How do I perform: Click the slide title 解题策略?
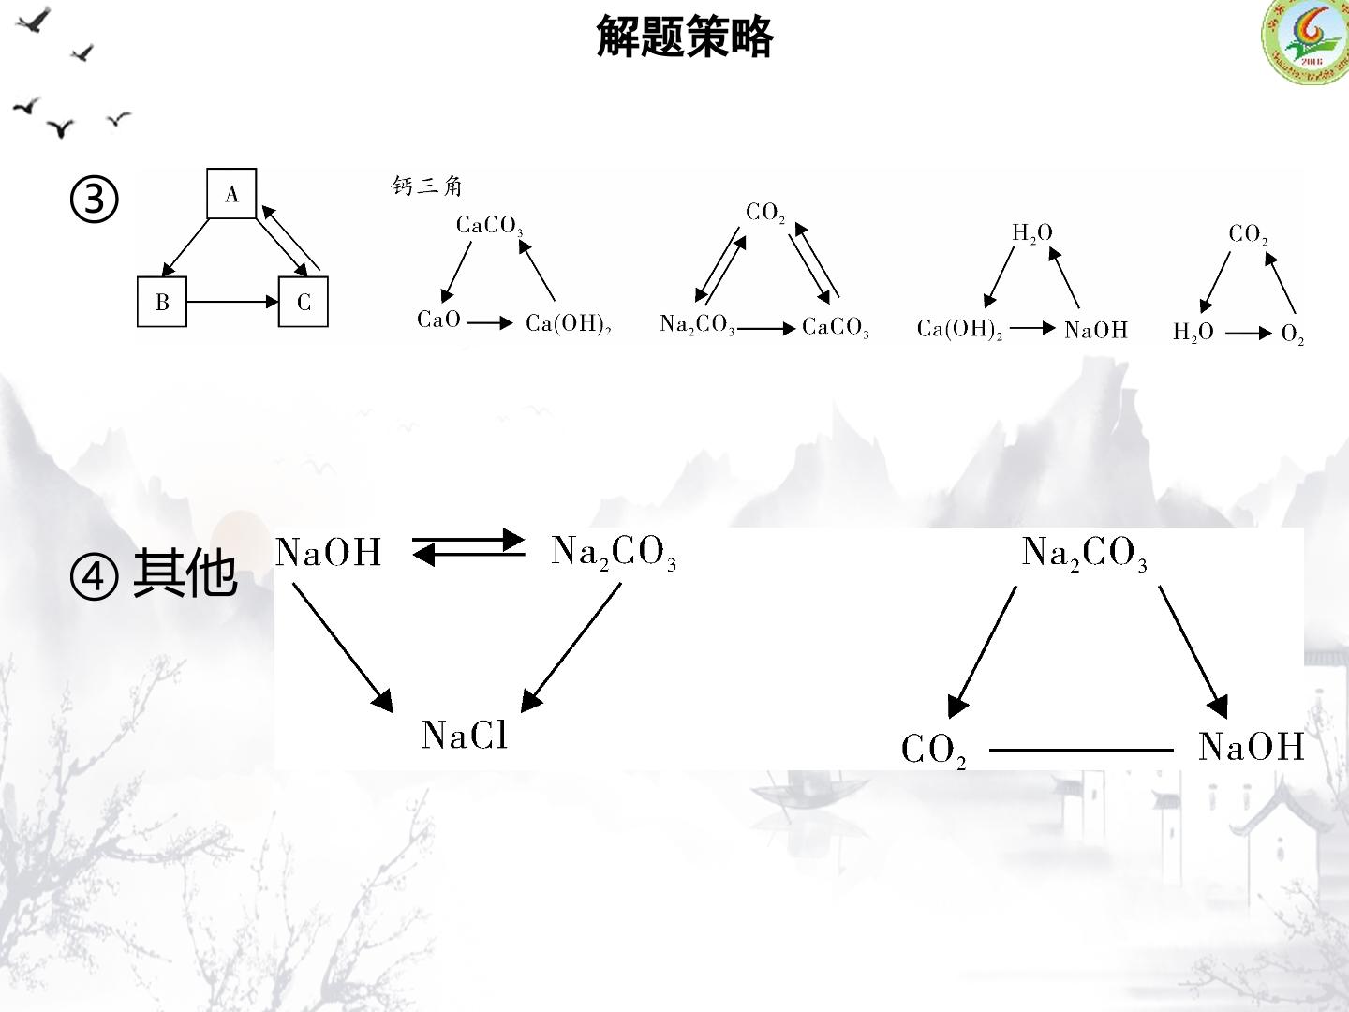coord(685,37)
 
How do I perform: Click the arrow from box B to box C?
coord(232,302)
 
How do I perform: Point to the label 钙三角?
coord(426,186)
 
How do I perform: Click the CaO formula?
coord(438,320)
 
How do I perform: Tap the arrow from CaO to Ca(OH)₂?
coord(490,322)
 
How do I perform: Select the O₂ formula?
coord(1293,334)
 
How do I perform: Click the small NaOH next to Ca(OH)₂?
coord(1096,330)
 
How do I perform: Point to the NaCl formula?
coord(465,735)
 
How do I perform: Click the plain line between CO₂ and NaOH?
coord(1081,751)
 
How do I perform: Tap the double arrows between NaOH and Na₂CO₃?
coord(468,547)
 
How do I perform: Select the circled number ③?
coord(94,200)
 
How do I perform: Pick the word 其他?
coord(185,573)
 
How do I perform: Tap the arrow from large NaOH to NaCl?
coord(343,647)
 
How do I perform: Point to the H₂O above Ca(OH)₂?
coord(1031,233)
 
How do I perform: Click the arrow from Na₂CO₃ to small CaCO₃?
coord(766,329)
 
